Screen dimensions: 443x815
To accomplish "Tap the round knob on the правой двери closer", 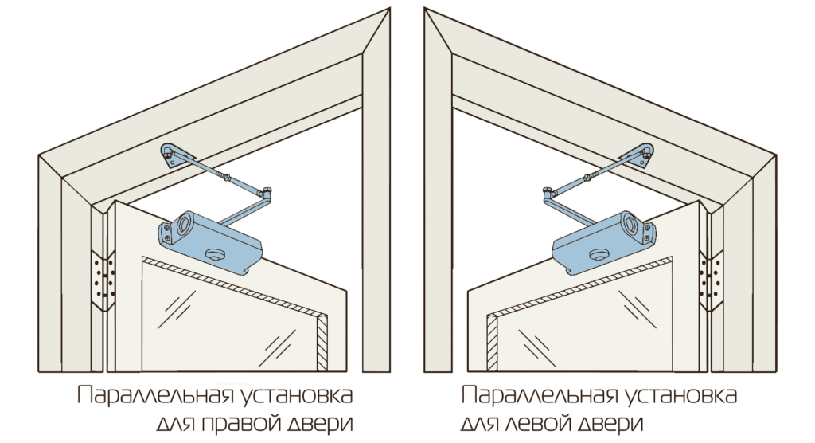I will tap(216, 254).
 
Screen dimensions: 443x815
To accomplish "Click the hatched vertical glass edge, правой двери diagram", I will tap(322, 343).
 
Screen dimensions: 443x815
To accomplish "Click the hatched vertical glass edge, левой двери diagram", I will tap(492, 343).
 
